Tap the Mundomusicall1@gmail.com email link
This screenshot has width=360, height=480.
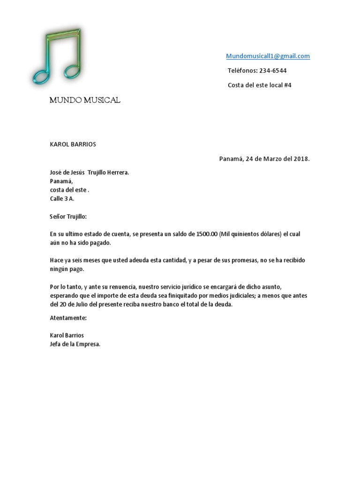point(268,56)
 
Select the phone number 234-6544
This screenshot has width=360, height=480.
point(273,71)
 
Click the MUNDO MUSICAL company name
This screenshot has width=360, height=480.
point(85,100)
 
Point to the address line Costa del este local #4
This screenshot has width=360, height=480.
point(259,85)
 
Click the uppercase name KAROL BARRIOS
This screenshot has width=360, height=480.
point(73,144)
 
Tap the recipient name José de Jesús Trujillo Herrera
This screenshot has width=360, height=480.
point(89,172)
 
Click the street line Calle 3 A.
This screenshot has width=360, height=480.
point(62,198)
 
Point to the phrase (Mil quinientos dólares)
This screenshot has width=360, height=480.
point(250,234)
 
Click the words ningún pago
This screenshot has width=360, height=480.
point(67,269)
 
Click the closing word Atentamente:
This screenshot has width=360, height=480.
point(68,318)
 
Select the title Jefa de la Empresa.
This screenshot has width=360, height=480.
point(75,344)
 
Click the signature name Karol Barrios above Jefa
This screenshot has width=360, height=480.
point(67,336)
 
